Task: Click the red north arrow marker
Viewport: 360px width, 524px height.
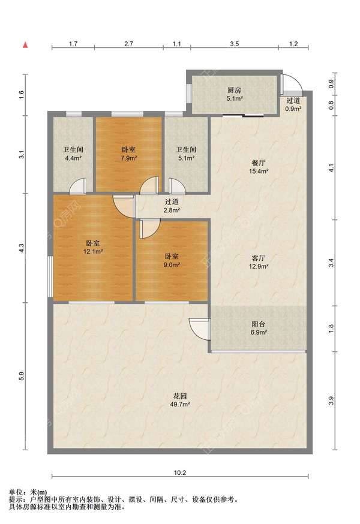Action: pyautogui.click(x=25, y=45)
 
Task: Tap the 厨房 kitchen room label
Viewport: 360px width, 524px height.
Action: pyautogui.click(x=234, y=90)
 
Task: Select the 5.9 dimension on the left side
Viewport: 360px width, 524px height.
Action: pyautogui.click(x=22, y=377)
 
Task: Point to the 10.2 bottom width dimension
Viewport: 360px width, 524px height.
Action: pyautogui.click(x=179, y=472)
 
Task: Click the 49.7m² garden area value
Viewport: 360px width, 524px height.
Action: pyautogui.click(x=180, y=404)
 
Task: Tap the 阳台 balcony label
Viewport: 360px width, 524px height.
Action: pyautogui.click(x=258, y=324)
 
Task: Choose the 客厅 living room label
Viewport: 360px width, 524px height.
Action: pyautogui.click(x=258, y=258)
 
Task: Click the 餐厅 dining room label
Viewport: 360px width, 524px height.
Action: pyautogui.click(x=258, y=163)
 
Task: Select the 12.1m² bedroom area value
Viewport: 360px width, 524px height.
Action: pyautogui.click(x=92, y=251)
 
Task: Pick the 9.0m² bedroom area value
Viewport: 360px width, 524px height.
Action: pyautogui.click(x=172, y=264)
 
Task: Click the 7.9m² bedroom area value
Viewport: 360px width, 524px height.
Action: pyautogui.click(x=128, y=158)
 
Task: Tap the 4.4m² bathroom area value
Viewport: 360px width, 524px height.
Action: pyautogui.click(x=73, y=158)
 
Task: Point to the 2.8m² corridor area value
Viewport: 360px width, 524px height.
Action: pyautogui.click(x=172, y=210)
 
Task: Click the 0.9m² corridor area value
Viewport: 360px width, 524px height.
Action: pyautogui.click(x=293, y=109)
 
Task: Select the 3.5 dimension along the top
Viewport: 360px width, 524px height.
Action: pyautogui.click(x=234, y=44)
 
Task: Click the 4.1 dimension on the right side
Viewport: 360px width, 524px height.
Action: pyautogui.click(x=332, y=168)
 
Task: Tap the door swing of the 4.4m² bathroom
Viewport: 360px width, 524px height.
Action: pyautogui.click(x=77, y=186)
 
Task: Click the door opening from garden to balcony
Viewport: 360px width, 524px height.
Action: pyautogui.click(x=200, y=329)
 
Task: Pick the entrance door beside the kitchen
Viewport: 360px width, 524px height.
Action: pyautogui.click(x=291, y=84)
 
